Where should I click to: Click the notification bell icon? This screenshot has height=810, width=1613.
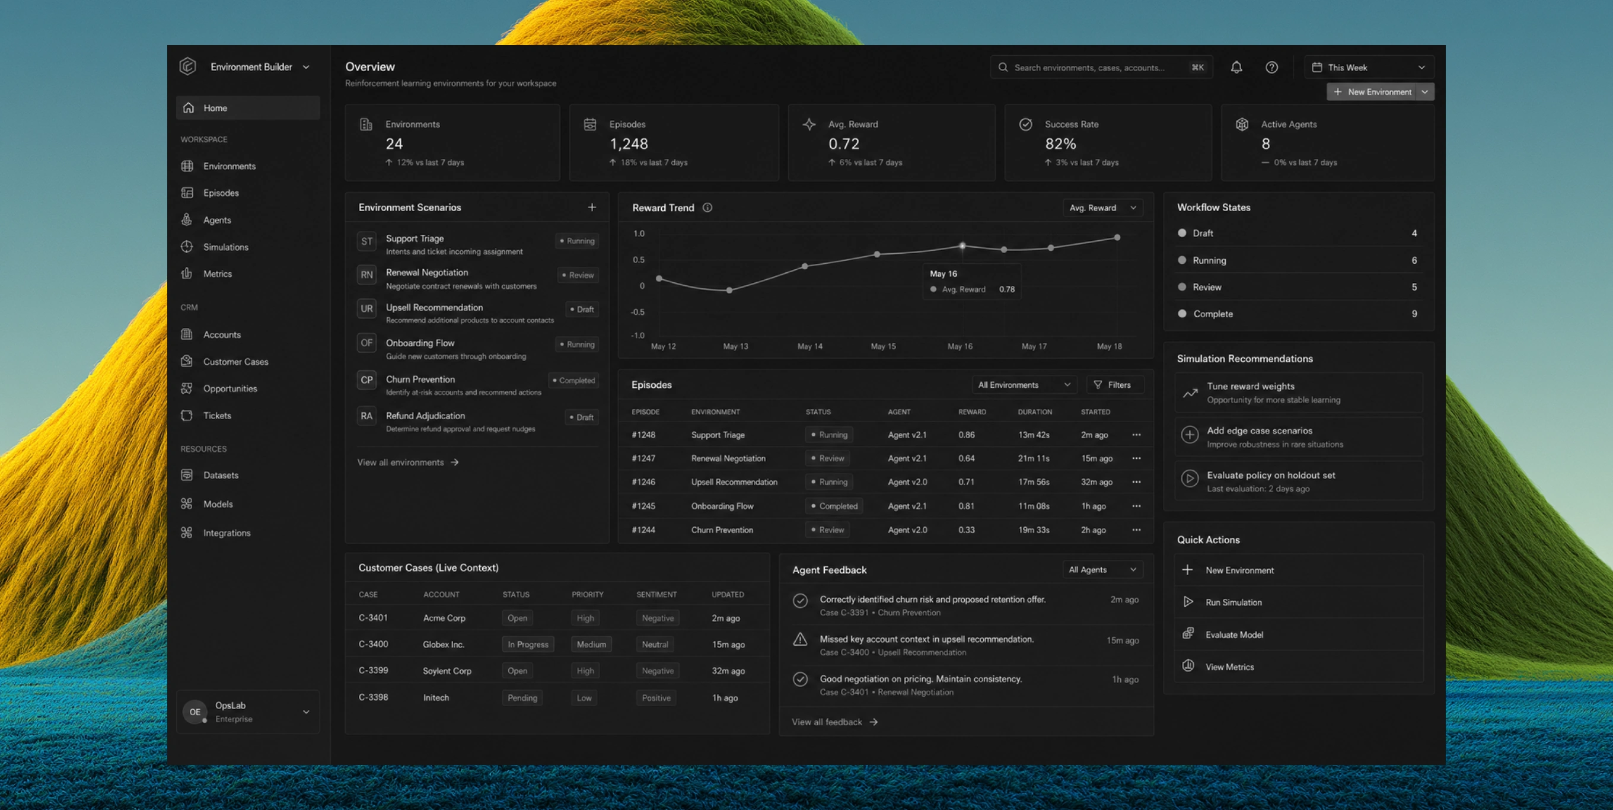click(1236, 67)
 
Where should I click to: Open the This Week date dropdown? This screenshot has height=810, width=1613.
click(1369, 67)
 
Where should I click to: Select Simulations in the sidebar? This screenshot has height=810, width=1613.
click(225, 247)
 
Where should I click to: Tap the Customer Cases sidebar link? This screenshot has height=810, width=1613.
click(235, 361)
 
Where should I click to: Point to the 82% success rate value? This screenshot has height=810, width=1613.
click(1060, 144)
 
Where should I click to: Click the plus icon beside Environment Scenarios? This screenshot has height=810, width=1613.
click(592, 207)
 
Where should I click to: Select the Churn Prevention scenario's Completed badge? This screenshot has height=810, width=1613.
click(573, 380)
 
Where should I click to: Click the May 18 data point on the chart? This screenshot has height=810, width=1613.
click(1117, 237)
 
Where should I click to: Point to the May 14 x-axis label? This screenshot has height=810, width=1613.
click(809, 346)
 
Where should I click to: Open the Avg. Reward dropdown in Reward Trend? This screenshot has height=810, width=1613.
click(1102, 208)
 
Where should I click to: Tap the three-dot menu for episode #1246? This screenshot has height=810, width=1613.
click(1136, 481)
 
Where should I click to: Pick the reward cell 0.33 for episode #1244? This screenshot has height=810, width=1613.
click(966, 530)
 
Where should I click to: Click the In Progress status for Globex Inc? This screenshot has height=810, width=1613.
click(528, 644)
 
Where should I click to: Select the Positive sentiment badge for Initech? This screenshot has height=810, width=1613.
click(656, 697)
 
